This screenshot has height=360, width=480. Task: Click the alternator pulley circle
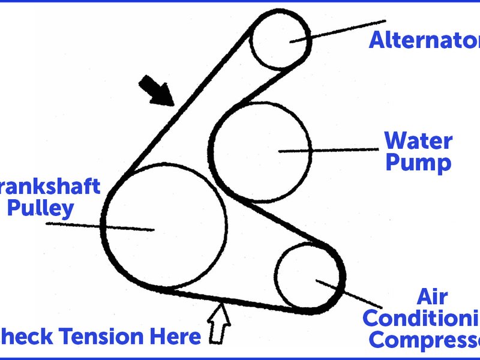279,40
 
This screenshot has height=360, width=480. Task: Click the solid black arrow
156,91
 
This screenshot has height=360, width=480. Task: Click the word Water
418,142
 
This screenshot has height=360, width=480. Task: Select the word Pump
418,163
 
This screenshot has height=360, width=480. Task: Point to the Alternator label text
424,40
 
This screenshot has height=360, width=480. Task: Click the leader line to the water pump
336,150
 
